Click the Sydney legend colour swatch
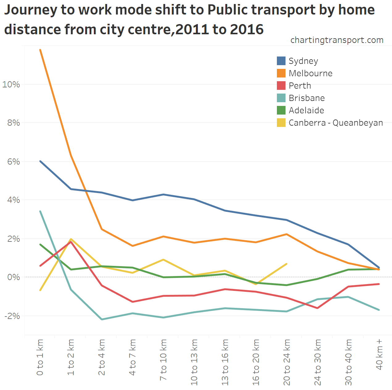[281, 61]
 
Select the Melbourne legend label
[311, 73]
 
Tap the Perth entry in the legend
[300, 86]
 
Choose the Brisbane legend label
[307, 98]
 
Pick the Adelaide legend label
[306, 110]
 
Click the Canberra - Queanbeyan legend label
[336, 123]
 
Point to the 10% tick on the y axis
[11, 84]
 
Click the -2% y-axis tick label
[12, 316]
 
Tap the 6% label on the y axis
[13, 161]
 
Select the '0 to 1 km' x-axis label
[40, 357]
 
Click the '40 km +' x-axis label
[379, 354]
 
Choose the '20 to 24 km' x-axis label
[287, 362]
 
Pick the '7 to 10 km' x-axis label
[163, 360]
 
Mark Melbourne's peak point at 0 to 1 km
[40, 50]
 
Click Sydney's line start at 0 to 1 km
[40, 161]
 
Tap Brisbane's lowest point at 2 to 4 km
[102, 319]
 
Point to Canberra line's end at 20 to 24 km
[287, 264]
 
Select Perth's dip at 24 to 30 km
[318, 308]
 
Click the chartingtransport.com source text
[337, 40]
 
